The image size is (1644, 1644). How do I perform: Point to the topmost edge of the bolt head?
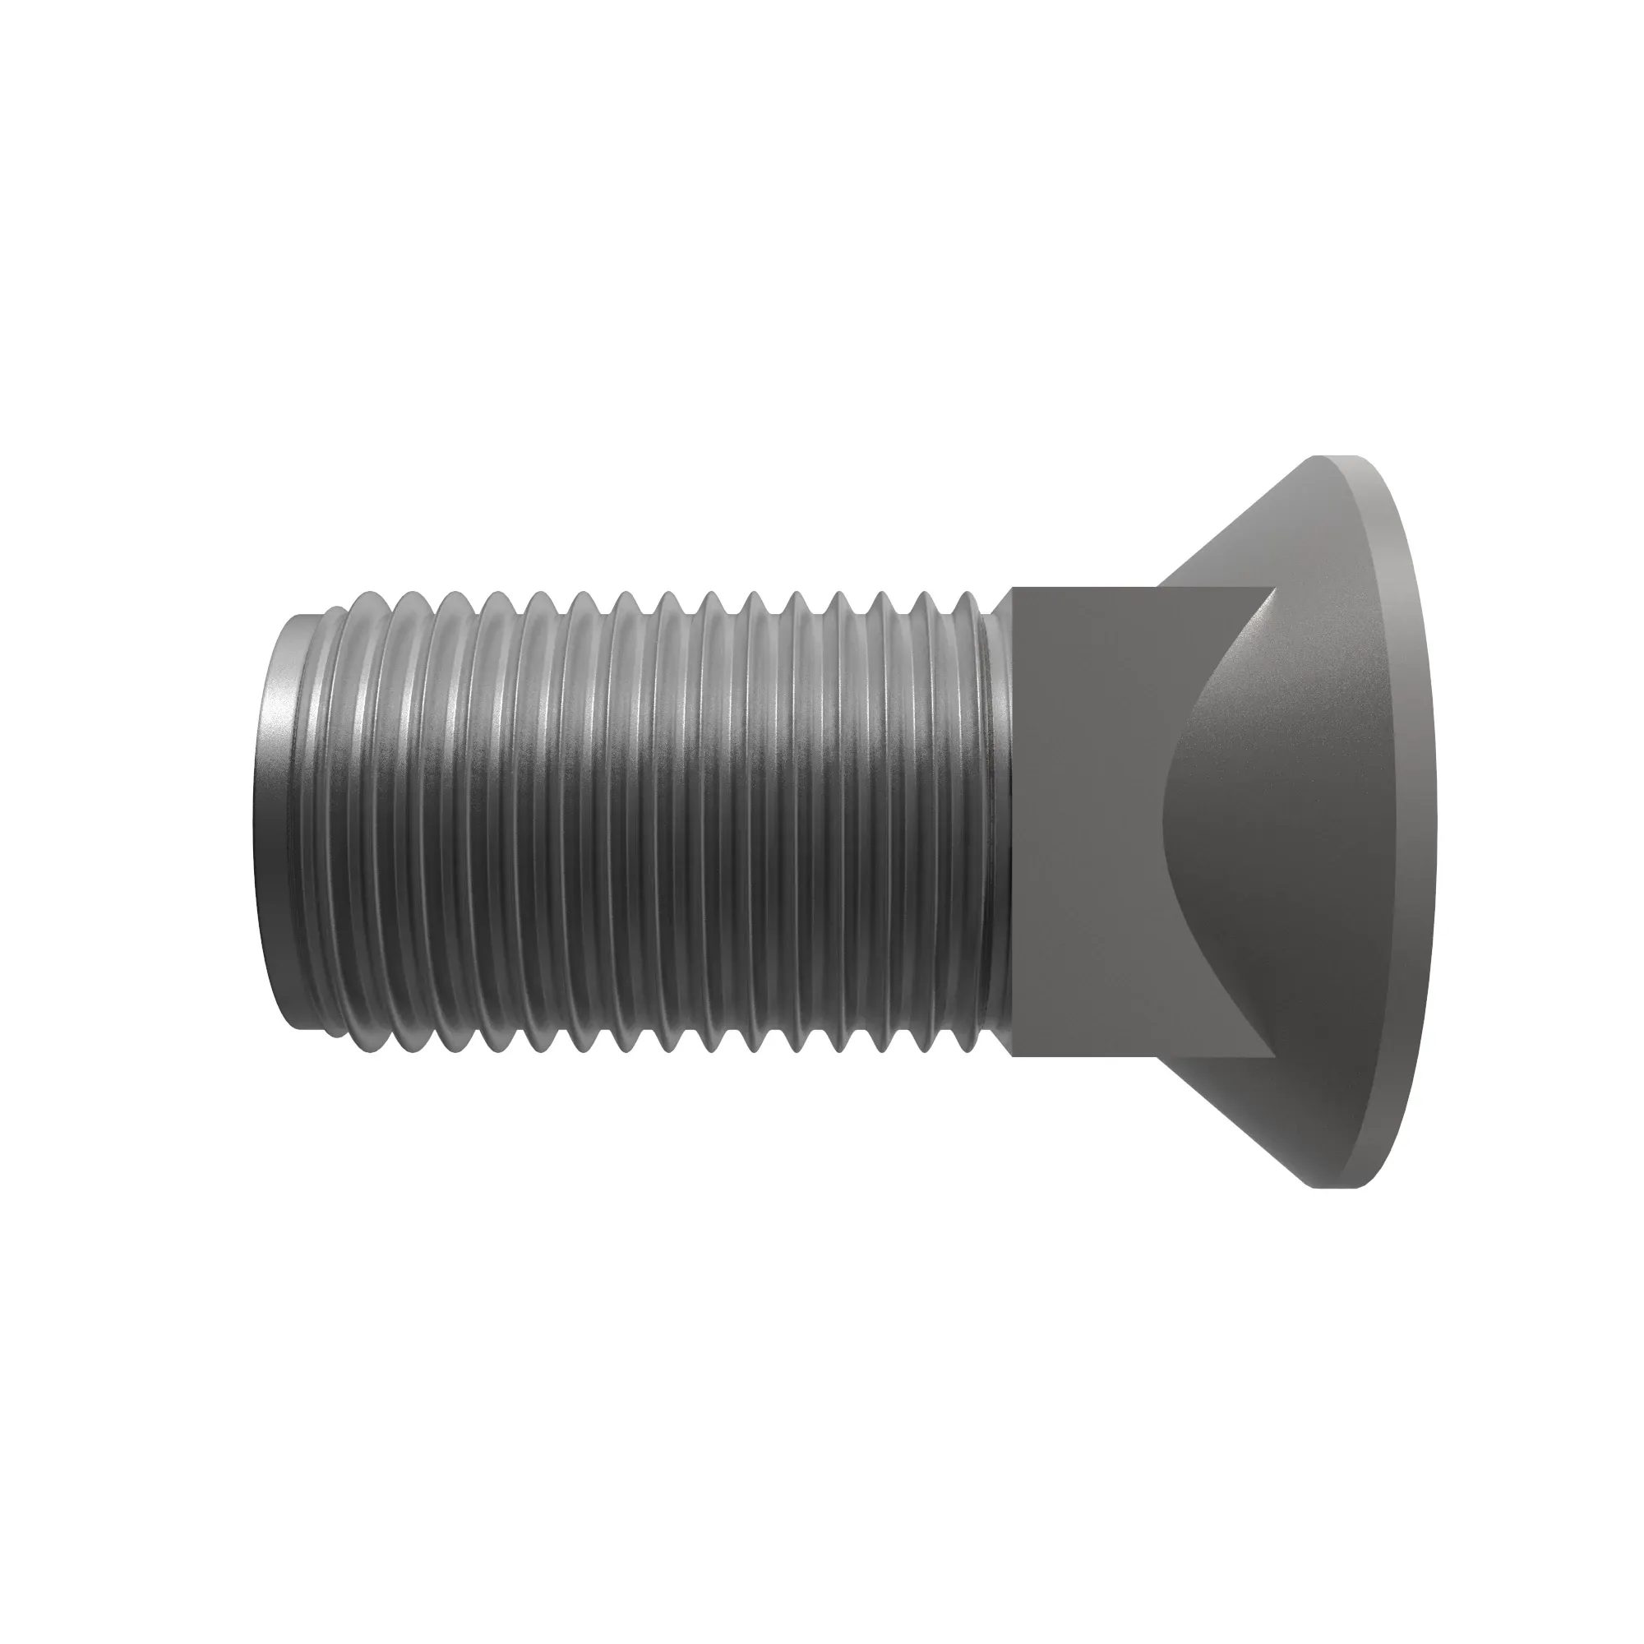coord(1336,457)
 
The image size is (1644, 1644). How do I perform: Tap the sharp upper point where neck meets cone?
coord(1274,588)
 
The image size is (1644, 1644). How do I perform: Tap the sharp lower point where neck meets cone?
coord(1274,1057)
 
